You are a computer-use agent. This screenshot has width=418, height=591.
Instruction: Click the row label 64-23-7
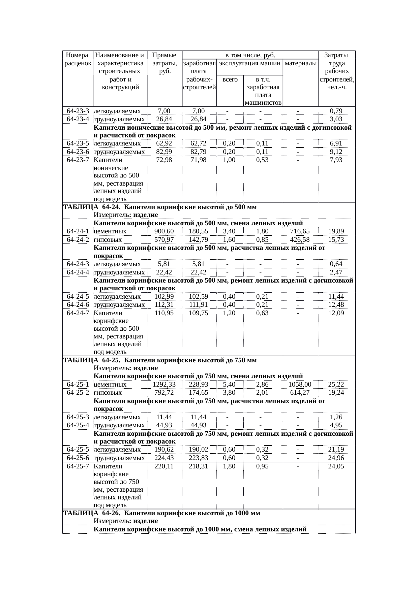78,160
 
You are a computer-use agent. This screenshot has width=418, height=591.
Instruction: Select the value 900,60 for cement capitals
164,231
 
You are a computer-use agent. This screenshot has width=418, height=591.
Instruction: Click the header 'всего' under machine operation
230,79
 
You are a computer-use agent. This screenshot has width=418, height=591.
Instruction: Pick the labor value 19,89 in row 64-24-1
336,231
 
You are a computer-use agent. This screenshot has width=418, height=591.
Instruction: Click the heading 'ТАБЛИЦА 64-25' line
160,360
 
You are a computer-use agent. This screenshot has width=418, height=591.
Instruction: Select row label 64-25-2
78,393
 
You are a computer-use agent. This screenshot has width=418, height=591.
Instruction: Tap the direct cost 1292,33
164,384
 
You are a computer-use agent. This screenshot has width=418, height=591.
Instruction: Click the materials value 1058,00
300,384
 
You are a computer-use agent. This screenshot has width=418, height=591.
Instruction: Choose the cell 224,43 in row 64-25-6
164,458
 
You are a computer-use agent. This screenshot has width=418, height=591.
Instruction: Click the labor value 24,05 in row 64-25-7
336,466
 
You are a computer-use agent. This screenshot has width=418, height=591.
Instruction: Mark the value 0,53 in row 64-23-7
262,160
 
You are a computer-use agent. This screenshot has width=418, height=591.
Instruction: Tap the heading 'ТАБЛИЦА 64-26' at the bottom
161,514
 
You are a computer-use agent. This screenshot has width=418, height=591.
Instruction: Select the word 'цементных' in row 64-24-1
110,231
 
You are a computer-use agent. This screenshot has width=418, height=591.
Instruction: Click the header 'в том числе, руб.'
250,55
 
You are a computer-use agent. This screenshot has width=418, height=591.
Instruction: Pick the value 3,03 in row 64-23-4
336,119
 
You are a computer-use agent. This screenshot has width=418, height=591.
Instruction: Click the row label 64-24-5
78,297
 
